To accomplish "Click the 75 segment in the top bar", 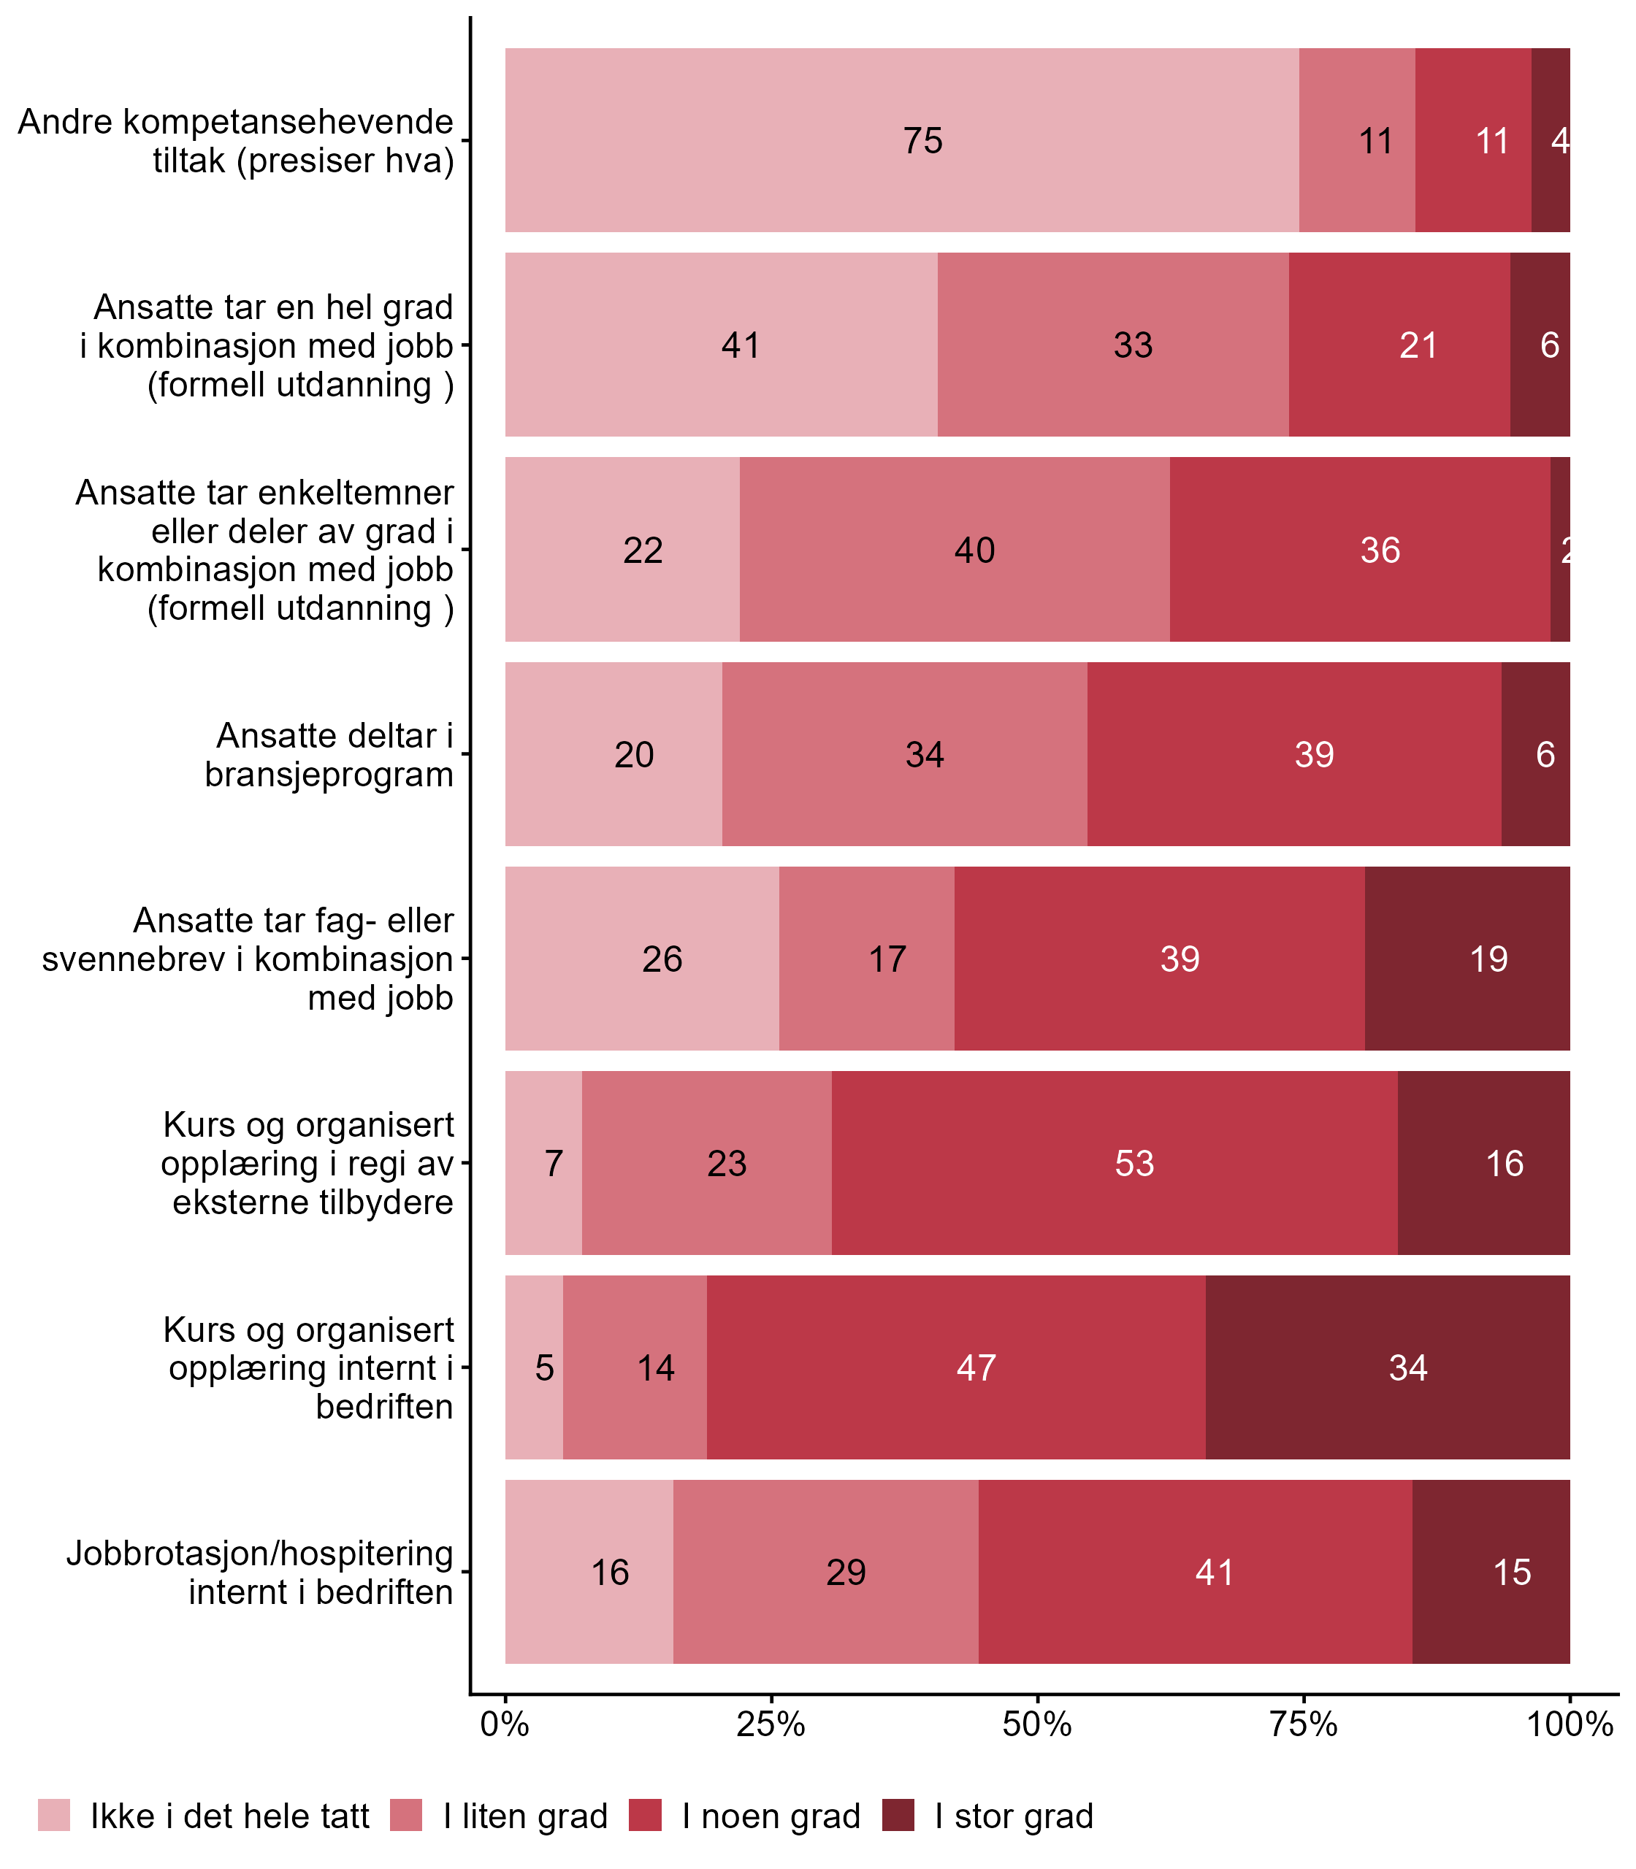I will (902, 140).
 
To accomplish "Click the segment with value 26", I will (643, 959).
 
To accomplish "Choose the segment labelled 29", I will (825, 1573).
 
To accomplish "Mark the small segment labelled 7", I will (544, 1164).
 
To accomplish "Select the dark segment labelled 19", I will (1467, 959).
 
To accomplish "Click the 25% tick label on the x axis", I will (771, 1724).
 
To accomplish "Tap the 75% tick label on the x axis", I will (1304, 1724).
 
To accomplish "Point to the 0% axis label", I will (505, 1724).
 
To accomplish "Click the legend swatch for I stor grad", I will (898, 1815).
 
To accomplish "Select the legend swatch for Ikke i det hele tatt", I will (54, 1815).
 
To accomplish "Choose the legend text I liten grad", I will (526, 1816).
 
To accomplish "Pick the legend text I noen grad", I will (771, 1816).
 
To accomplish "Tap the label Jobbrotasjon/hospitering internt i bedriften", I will (260, 1573).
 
